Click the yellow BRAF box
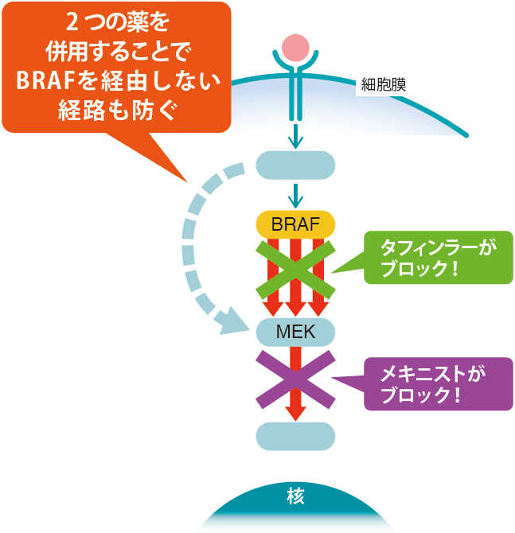[295, 224]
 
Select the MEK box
[295, 330]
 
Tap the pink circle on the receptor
[295, 47]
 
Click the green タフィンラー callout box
[438, 257]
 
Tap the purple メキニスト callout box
[438, 383]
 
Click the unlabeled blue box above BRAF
[295, 165]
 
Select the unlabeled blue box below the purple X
[295, 435]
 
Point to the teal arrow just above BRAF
[295, 194]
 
